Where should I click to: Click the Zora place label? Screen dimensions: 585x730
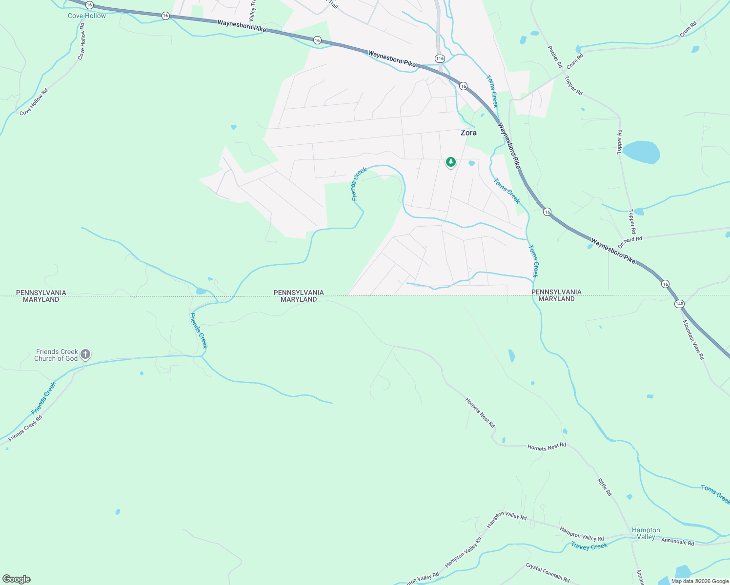point(468,133)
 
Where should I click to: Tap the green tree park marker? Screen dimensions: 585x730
point(450,162)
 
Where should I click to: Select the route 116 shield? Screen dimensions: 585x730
point(440,58)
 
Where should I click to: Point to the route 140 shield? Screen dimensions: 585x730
point(679,304)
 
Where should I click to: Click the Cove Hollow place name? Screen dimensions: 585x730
point(87,16)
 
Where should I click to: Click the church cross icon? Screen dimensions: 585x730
point(85,354)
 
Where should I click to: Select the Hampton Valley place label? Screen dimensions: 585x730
point(646,533)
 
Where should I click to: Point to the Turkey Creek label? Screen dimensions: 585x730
point(589,546)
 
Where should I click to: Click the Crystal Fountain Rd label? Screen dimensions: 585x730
point(547,573)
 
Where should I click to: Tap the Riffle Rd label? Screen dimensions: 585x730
point(605,487)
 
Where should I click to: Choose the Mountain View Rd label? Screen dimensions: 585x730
point(693,340)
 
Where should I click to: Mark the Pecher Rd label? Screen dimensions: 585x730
point(555,57)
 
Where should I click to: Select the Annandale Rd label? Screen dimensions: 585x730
point(677,542)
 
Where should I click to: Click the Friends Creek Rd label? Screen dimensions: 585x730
point(25,429)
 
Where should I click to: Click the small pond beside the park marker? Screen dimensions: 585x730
point(471,163)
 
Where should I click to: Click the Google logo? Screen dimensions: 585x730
point(16,579)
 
